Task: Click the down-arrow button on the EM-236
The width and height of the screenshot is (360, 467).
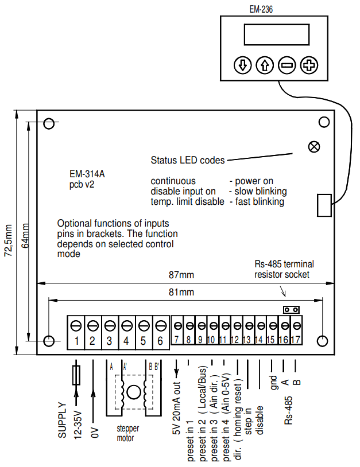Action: click(x=243, y=65)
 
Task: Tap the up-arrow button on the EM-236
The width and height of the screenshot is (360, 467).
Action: click(x=265, y=65)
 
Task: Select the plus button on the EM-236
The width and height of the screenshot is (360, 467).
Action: click(x=309, y=65)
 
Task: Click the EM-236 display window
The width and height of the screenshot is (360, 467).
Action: click(x=276, y=36)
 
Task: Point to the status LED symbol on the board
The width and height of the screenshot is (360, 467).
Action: click(x=313, y=146)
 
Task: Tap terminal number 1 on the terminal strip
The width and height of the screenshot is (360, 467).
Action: click(x=75, y=341)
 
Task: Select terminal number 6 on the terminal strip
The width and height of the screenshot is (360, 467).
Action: click(x=160, y=341)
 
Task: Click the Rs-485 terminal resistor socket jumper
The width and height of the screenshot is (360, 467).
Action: click(x=292, y=309)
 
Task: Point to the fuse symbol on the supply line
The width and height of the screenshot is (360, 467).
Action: click(x=76, y=376)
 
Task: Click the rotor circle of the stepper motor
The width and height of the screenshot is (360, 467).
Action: click(x=134, y=392)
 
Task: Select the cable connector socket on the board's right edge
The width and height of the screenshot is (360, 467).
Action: click(x=324, y=205)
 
